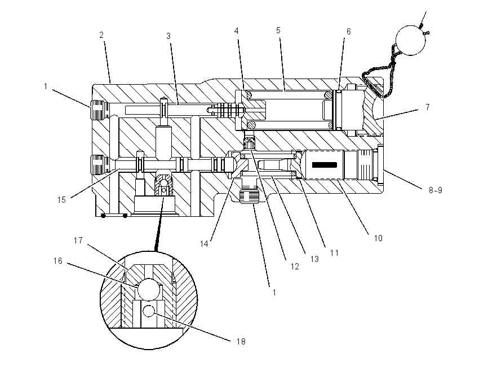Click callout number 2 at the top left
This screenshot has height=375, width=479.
click(x=101, y=35)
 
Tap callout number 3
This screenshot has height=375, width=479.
click(x=168, y=36)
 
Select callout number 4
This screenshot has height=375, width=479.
click(x=237, y=31)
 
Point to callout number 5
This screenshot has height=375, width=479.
click(x=278, y=30)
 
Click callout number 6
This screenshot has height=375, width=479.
click(x=349, y=32)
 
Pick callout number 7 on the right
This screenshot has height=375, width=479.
click(x=428, y=107)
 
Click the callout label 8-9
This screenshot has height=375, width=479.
click(x=435, y=190)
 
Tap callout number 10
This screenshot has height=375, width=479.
click(x=378, y=238)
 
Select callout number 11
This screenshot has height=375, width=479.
click(x=334, y=253)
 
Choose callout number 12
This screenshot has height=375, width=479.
click(x=295, y=267)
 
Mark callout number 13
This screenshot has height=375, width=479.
click(x=314, y=259)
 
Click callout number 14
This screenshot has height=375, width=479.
click(x=204, y=244)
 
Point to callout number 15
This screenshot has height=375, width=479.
click(x=61, y=200)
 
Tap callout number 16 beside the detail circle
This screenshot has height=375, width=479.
click(x=57, y=261)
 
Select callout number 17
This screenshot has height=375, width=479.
click(x=78, y=241)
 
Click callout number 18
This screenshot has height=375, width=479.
click(x=241, y=342)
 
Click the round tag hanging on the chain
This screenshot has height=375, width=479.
click(x=411, y=41)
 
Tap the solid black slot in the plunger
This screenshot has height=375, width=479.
click(x=325, y=165)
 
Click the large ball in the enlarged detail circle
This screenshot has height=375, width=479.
click(x=149, y=289)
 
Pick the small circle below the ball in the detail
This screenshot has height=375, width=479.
click(x=148, y=311)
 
